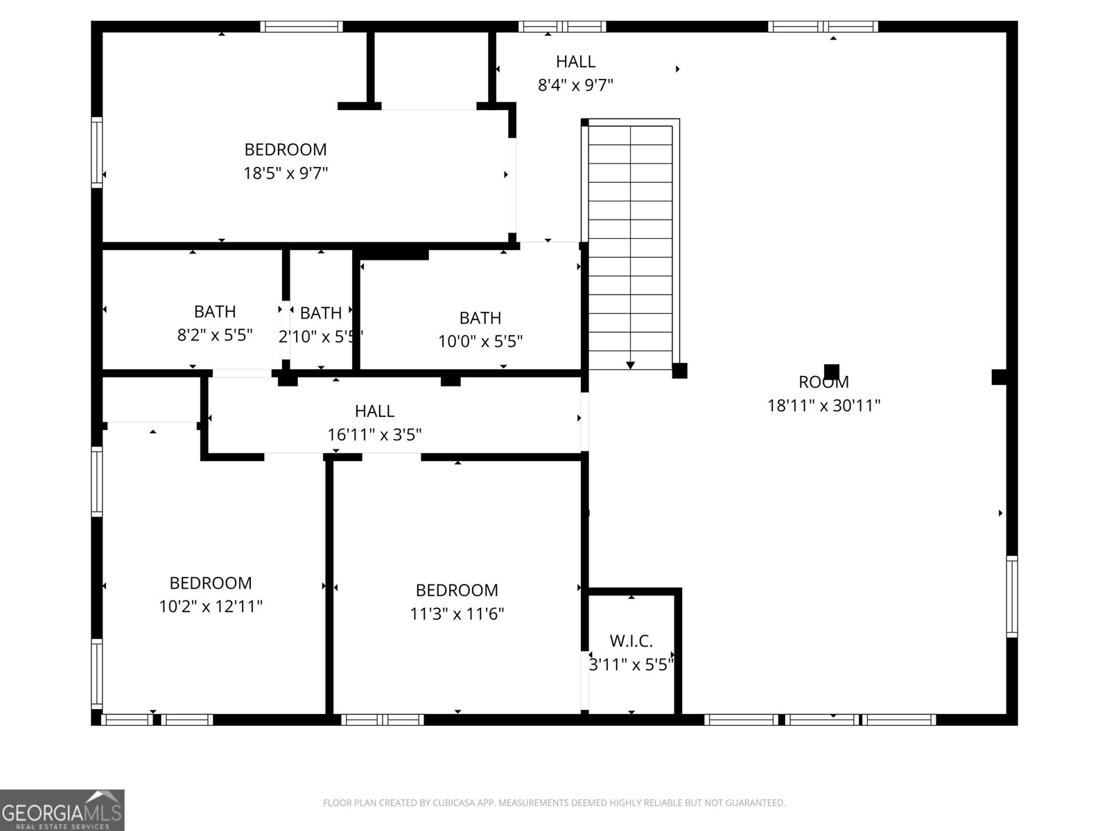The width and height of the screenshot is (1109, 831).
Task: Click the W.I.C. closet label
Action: point(631,641)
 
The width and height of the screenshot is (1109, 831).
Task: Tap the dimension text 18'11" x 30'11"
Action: point(823,405)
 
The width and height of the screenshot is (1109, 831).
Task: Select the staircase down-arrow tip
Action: point(630,365)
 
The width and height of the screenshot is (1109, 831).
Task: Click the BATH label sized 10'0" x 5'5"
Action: point(480,318)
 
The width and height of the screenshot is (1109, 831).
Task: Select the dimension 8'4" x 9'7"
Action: point(575,85)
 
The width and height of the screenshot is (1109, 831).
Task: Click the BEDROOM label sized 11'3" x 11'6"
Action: point(456,590)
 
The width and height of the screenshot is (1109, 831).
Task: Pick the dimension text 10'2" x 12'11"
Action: point(211,607)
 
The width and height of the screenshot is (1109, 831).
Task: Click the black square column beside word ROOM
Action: point(831,371)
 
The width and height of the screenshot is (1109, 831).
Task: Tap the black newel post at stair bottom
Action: point(679,370)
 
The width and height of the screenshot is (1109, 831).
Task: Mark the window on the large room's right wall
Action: point(1012,596)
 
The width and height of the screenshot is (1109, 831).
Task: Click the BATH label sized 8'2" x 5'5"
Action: point(214,312)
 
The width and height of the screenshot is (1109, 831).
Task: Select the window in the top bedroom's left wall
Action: point(97,152)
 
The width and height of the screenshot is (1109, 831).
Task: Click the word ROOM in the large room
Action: point(823,382)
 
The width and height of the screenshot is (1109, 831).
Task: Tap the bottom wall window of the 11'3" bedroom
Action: point(383,720)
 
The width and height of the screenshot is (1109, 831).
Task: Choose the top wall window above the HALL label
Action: point(562,27)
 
